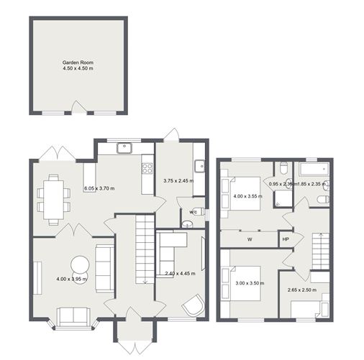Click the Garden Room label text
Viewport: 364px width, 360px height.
coord(78,64)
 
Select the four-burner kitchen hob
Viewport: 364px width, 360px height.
coord(147,169)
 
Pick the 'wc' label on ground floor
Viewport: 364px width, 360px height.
coord(194,212)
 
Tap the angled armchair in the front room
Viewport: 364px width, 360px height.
coord(194,305)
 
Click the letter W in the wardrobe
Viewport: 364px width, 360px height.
coord(250,239)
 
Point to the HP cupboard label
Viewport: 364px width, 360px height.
coord(285,239)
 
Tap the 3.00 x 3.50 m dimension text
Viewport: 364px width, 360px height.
coord(250,284)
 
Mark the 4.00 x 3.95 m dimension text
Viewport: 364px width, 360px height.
coord(72,279)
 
